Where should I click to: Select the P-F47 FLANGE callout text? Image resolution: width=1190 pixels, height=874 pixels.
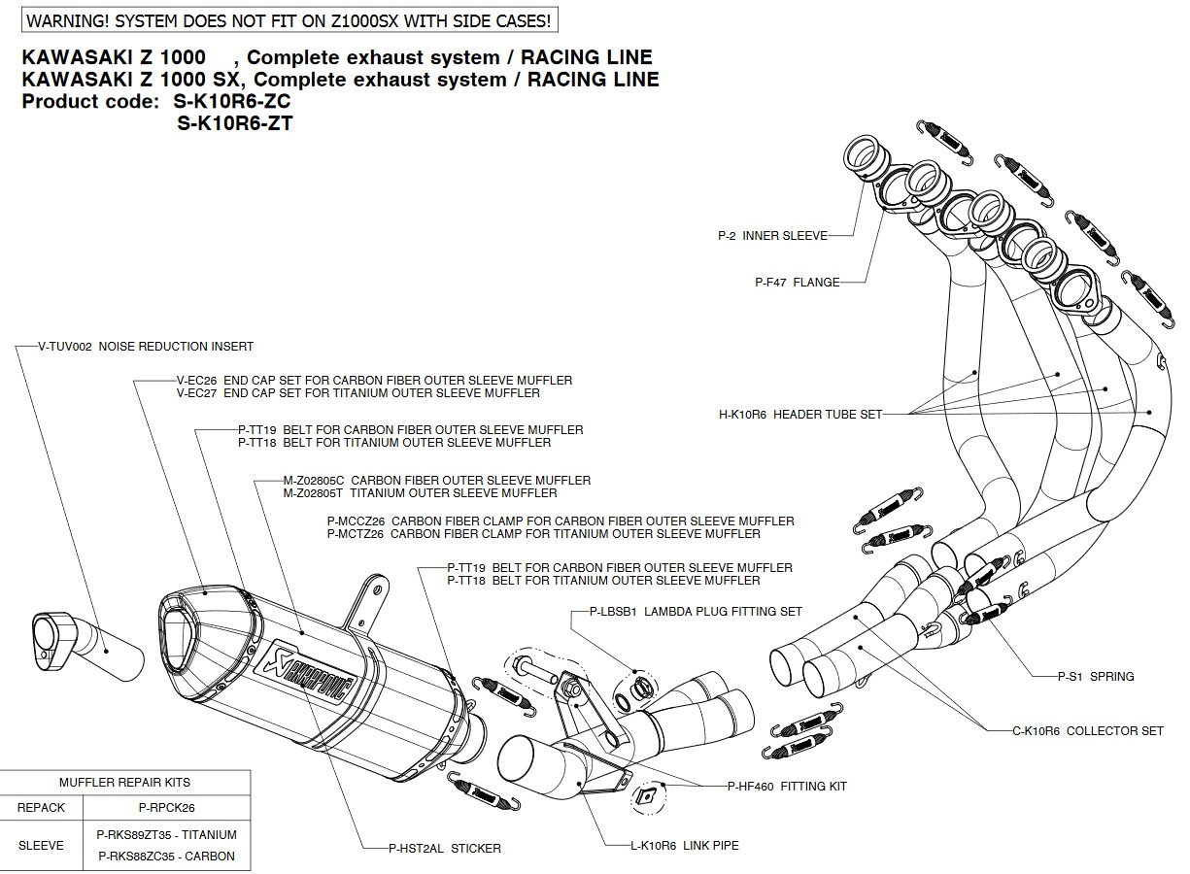[x=797, y=283]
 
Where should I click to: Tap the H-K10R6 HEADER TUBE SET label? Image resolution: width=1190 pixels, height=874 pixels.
[x=800, y=415]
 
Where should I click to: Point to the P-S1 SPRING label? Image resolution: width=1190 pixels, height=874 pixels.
[x=1096, y=676]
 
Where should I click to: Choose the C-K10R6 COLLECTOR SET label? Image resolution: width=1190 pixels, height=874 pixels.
[x=1088, y=730]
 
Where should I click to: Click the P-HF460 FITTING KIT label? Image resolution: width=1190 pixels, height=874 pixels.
[x=787, y=787]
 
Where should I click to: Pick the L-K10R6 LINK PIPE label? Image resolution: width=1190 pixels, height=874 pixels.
[x=684, y=846]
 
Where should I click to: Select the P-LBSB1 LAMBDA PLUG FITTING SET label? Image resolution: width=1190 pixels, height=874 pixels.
[x=696, y=612]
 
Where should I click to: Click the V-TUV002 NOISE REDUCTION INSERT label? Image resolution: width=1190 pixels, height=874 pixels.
[x=146, y=346]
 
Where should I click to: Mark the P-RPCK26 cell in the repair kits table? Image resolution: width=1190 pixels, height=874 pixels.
[x=167, y=807]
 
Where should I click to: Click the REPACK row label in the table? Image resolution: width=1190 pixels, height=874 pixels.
[x=42, y=807]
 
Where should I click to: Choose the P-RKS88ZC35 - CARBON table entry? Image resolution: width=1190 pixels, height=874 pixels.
[x=167, y=857]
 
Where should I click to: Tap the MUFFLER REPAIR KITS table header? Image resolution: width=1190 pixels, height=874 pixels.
[x=125, y=782]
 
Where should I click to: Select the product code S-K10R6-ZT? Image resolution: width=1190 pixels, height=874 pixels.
[x=235, y=123]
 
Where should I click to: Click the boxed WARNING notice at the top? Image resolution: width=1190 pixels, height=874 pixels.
[x=289, y=18]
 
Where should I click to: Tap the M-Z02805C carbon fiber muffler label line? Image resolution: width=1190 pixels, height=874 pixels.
[x=436, y=480]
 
